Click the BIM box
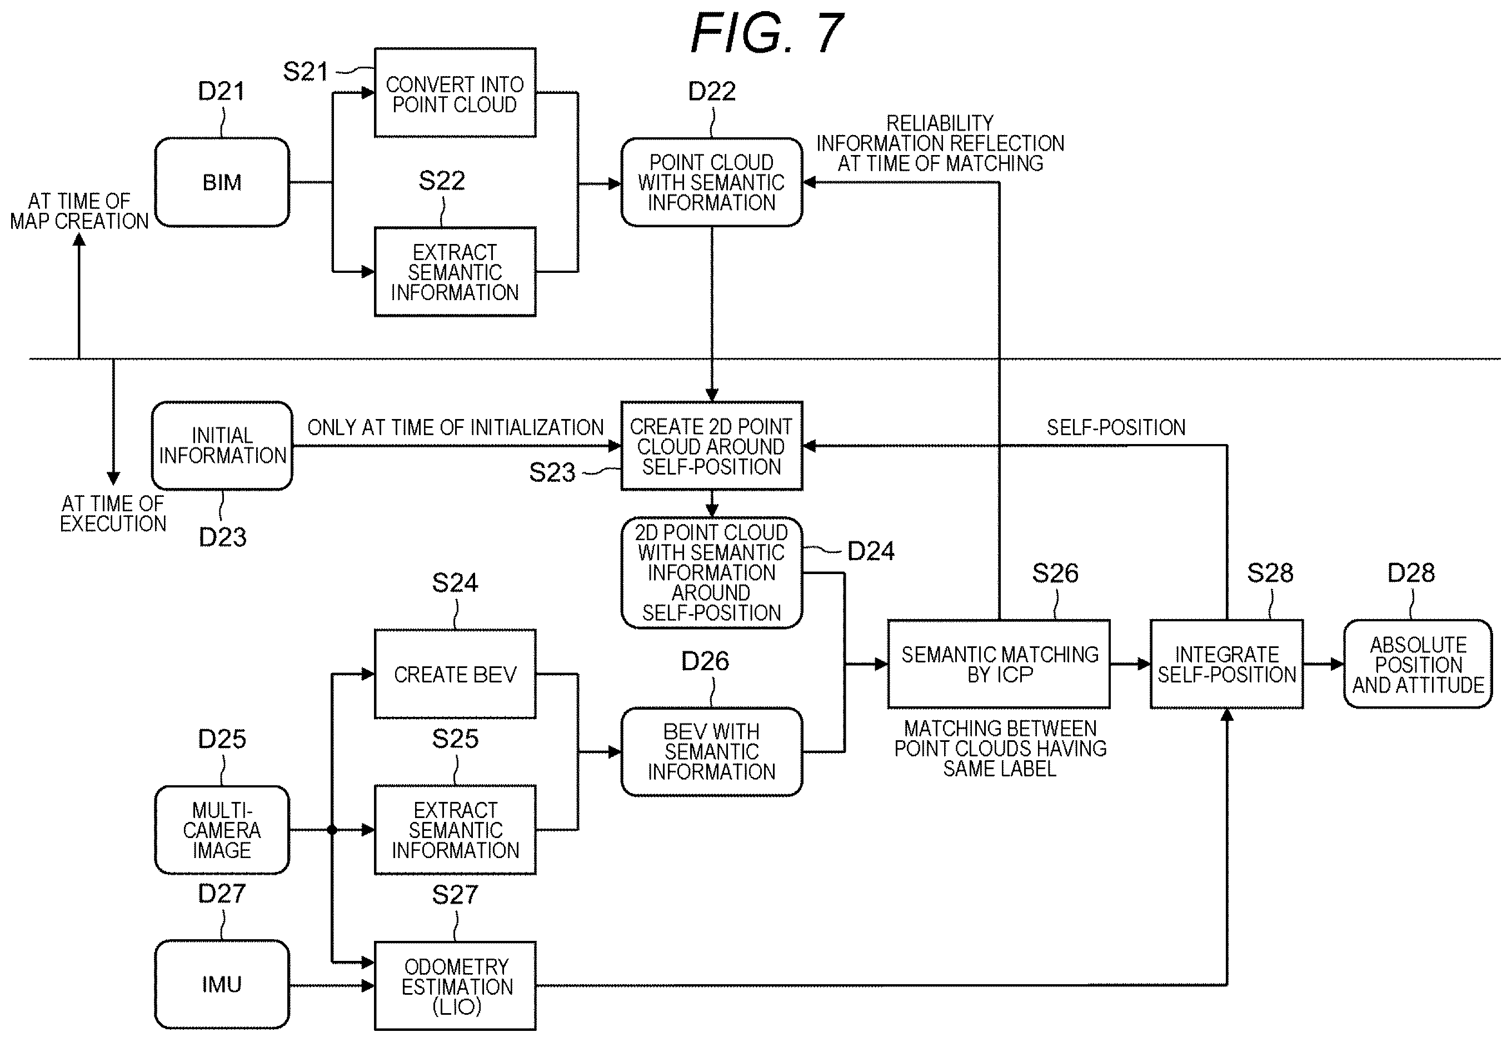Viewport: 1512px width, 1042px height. tap(222, 182)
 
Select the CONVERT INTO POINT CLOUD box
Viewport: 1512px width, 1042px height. tap(455, 93)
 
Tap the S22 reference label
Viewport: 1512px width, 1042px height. tap(442, 180)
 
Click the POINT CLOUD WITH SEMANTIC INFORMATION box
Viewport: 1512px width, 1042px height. tap(712, 182)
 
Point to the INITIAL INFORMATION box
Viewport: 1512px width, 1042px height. tap(222, 446)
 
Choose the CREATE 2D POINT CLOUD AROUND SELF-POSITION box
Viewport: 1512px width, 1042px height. tap(712, 446)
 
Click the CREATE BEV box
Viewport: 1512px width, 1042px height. tap(455, 674)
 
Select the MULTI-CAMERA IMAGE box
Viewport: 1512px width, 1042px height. tap(222, 830)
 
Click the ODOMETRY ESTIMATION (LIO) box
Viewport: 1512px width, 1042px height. tap(455, 986)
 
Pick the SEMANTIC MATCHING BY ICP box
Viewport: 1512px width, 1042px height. tap(999, 664)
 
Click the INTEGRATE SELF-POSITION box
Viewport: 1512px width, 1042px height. tap(1227, 664)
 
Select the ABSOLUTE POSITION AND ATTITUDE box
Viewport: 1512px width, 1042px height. tap(1418, 664)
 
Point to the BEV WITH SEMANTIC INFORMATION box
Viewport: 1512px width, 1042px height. tap(712, 751)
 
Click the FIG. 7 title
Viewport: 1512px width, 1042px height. tap(767, 33)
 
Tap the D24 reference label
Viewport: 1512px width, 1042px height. tap(871, 552)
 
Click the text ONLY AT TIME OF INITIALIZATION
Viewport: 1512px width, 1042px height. tap(456, 428)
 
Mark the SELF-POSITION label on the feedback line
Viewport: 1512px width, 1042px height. tap(1116, 428)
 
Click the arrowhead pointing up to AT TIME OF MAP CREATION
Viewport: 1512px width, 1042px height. tap(79, 240)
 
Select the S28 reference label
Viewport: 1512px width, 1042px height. tap(1270, 573)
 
